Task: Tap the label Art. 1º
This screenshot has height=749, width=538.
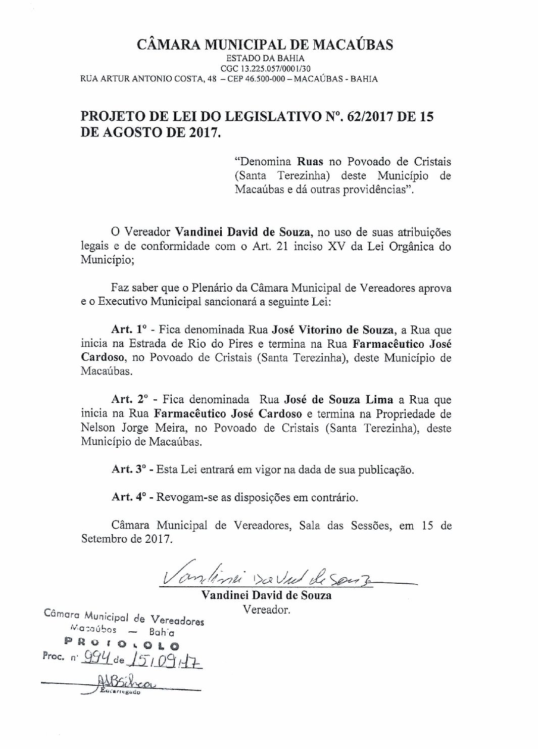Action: (x=129, y=330)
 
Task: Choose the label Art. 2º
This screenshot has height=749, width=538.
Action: (x=129, y=400)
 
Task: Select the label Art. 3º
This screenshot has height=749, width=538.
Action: (x=129, y=470)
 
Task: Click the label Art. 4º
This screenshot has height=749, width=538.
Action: (x=129, y=497)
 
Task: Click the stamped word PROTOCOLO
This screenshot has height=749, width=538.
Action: (x=121, y=645)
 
